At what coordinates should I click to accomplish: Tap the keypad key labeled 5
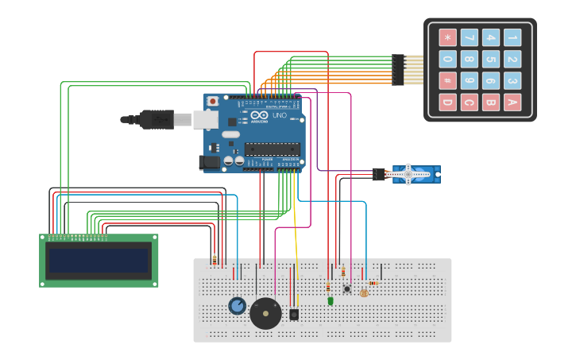[x=491, y=59]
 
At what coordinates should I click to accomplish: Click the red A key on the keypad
[x=512, y=102]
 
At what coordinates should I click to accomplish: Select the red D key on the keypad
[x=448, y=102]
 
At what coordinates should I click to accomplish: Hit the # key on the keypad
[x=448, y=80]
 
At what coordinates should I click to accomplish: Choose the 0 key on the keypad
[x=448, y=59]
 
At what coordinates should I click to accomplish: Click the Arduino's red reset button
[x=213, y=101]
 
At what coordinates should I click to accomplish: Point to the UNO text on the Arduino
[x=280, y=115]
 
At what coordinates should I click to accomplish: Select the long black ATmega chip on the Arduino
[x=272, y=148]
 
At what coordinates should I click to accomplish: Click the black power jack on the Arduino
[x=209, y=162]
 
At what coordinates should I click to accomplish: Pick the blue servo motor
[x=414, y=174]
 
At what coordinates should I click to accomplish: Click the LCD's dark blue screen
[x=99, y=261]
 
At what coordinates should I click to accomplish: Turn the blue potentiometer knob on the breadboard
[x=237, y=306]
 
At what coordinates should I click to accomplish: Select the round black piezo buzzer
[x=265, y=313]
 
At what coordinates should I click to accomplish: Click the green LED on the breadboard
[x=330, y=300]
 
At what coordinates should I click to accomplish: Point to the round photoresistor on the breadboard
[x=365, y=293]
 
